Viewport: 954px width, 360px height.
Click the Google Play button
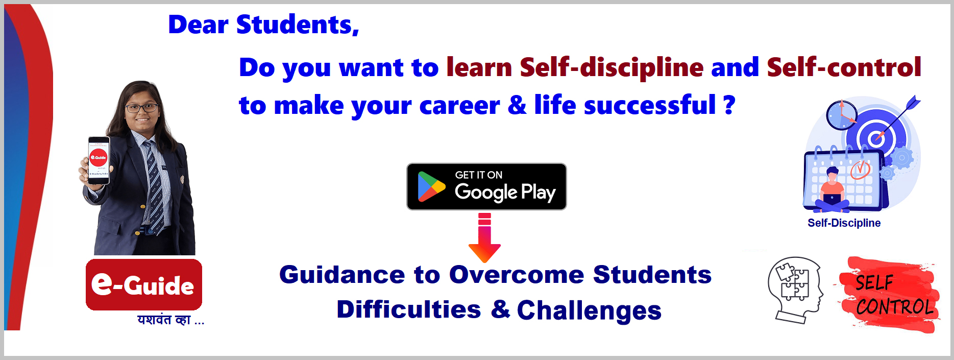486,186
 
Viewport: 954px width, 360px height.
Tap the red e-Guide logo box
144,284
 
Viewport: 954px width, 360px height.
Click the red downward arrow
484,238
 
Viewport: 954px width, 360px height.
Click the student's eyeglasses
141,108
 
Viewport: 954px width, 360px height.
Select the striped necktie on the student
155,187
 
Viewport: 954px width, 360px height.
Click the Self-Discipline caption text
844,223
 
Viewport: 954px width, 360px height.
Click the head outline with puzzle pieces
795,290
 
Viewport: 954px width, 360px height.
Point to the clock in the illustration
841,115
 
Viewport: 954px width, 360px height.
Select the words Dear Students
263,25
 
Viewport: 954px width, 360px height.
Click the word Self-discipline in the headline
611,67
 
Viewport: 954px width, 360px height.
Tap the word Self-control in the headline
844,67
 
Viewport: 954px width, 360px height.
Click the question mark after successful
729,105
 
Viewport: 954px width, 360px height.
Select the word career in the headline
459,106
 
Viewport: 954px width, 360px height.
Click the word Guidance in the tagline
342,275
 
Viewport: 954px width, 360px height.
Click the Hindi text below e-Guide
170,320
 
